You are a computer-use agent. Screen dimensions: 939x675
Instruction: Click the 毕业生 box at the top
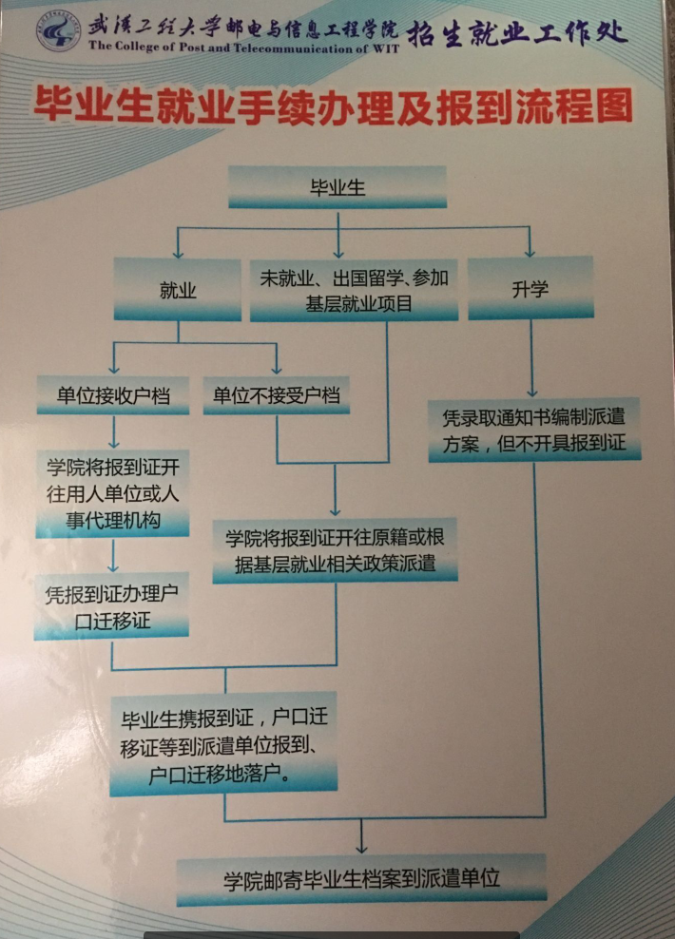click(337, 186)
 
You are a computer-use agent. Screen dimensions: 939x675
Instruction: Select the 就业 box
click(178, 290)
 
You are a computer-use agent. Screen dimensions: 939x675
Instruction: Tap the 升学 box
click(530, 288)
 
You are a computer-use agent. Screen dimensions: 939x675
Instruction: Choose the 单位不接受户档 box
click(277, 394)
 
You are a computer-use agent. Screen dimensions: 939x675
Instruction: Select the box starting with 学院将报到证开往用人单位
click(112, 494)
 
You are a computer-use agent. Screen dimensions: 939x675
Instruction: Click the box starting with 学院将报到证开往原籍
click(336, 549)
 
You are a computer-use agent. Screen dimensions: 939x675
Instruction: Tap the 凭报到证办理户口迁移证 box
click(111, 605)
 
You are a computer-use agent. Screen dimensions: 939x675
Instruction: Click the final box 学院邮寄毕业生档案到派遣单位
click(361, 877)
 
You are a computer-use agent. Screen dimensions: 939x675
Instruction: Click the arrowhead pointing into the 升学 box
click(530, 252)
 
